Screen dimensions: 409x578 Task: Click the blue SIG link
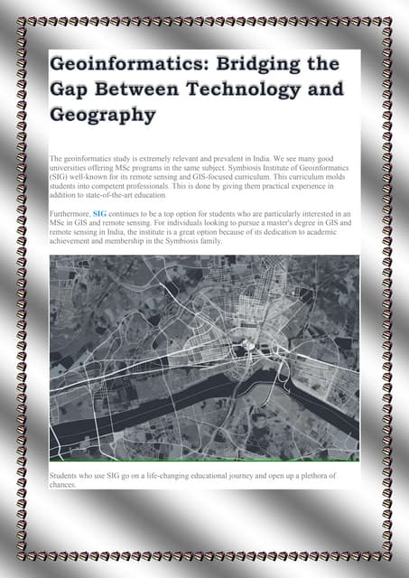[99, 213]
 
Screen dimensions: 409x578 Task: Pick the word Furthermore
[70, 213]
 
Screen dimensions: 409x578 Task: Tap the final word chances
[63, 484]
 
